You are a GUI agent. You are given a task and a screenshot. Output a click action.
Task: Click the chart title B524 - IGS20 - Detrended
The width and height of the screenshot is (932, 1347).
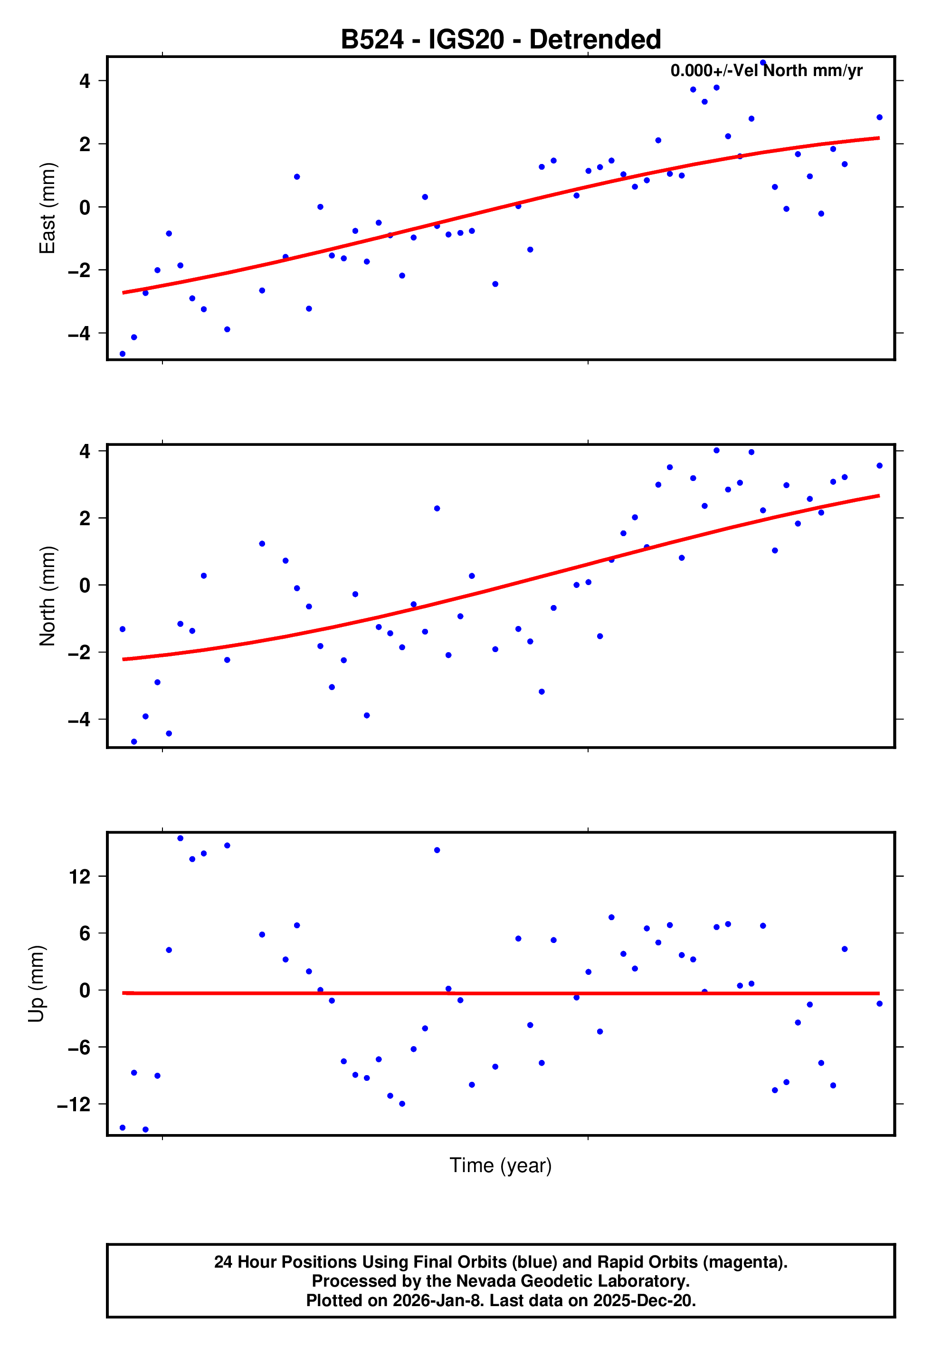[x=501, y=40]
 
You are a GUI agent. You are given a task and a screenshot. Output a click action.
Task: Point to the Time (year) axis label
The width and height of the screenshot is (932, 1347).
[x=501, y=1165]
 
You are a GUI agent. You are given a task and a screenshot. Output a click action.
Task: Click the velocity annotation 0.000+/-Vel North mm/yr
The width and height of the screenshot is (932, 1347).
[x=766, y=71]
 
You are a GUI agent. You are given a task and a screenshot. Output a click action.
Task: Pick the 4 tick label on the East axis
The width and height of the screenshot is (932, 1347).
[x=85, y=81]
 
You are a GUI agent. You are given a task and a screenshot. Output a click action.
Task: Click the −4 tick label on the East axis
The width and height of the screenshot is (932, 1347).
[x=79, y=334]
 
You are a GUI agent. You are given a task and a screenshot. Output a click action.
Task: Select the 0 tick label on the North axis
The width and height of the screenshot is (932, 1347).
[x=85, y=585]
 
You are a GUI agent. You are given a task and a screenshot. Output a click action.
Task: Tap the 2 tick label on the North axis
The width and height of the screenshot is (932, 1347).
[x=85, y=518]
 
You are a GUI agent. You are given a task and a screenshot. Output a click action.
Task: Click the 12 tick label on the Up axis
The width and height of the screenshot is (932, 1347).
[x=79, y=876]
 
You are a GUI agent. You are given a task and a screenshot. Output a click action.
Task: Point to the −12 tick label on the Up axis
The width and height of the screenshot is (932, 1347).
[x=74, y=1104]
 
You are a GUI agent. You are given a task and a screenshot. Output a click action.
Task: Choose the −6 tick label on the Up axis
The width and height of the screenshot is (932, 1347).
[x=79, y=1048]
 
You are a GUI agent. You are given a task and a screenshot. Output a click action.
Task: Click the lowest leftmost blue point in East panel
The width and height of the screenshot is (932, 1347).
[x=123, y=354]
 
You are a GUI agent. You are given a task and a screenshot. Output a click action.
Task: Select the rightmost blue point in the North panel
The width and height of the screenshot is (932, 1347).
[x=879, y=465]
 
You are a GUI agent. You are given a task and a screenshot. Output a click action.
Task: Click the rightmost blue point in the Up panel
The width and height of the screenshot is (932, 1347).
[x=879, y=1003]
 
